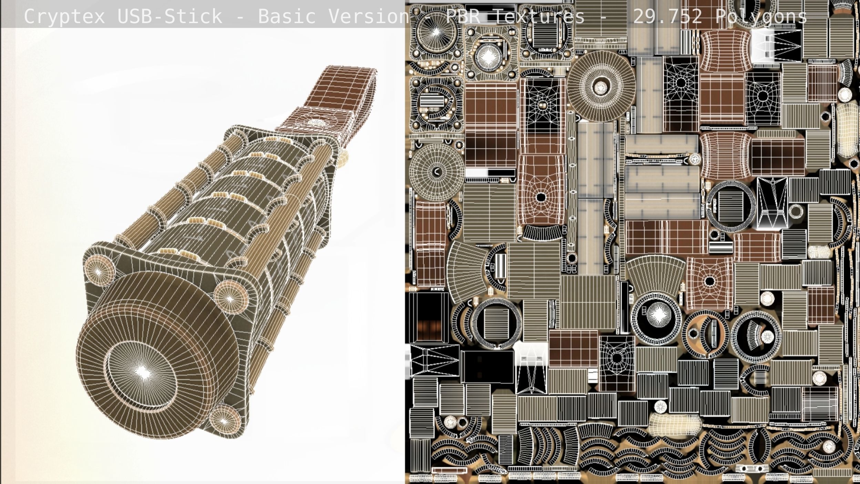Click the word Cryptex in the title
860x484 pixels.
click(x=64, y=16)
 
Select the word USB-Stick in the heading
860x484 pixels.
click(x=170, y=16)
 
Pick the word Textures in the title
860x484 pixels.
click(x=539, y=16)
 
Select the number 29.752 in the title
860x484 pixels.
click(x=668, y=16)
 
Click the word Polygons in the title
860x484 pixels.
click(x=761, y=16)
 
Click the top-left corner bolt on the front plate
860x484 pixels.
click(x=99, y=272)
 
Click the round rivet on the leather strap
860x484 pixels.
click(x=315, y=122)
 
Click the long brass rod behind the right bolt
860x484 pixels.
click(x=276, y=214)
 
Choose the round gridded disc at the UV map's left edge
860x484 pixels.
click(x=437, y=171)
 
